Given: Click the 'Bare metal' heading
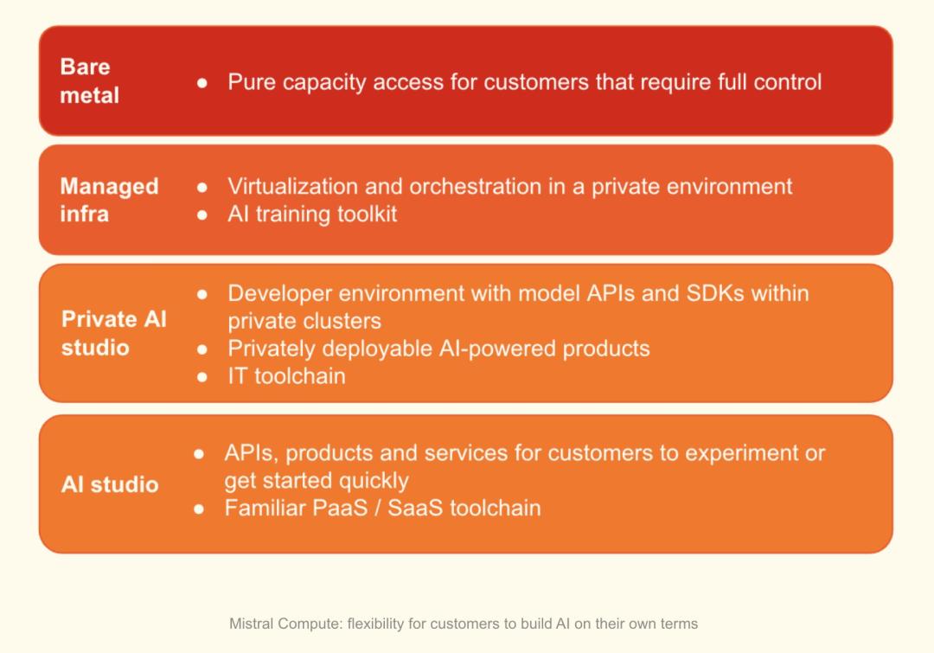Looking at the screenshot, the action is point(89,81).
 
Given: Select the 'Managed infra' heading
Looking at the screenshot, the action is point(109,200).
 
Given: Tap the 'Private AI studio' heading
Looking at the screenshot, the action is point(114,333).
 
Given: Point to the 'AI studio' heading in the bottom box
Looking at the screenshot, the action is point(110,484).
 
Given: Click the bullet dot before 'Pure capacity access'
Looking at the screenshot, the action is point(202,83).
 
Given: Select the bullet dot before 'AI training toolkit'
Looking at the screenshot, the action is point(202,214).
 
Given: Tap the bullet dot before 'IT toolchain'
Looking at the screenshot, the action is point(202,376).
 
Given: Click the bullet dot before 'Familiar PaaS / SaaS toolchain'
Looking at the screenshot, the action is point(199,509).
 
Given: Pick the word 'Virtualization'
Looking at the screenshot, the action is point(293,187).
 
